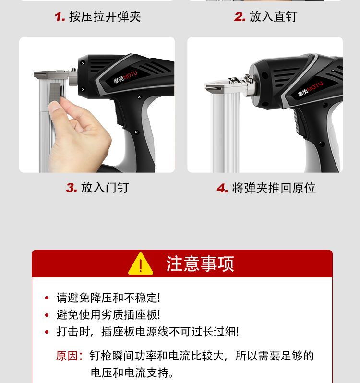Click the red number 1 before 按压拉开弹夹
pyautogui.click(x=59, y=17)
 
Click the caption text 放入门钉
pyautogui.click(x=105, y=188)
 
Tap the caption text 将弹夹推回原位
pyautogui.click(x=274, y=188)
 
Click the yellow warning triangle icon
pyautogui.click(x=141, y=264)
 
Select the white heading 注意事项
pyautogui.click(x=200, y=264)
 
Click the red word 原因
pyautogui.click(x=67, y=356)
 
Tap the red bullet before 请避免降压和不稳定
pyautogui.click(x=47, y=298)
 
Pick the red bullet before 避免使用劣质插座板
pyautogui.click(x=47, y=315)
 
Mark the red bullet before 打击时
pyautogui.click(x=47, y=332)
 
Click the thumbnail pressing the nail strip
pyautogui.click(x=97, y=105)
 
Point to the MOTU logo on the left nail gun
pyautogui.click(x=125, y=77)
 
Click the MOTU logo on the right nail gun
pyautogui.click(x=310, y=89)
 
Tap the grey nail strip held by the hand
pyautogui.click(x=55, y=92)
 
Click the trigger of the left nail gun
pyautogui.click(x=119, y=115)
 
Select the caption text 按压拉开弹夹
pyautogui.click(x=105, y=17)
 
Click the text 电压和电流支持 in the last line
pyautogui.click(x=130, y=373)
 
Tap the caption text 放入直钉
pyautogui.click(x=273, y=17)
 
